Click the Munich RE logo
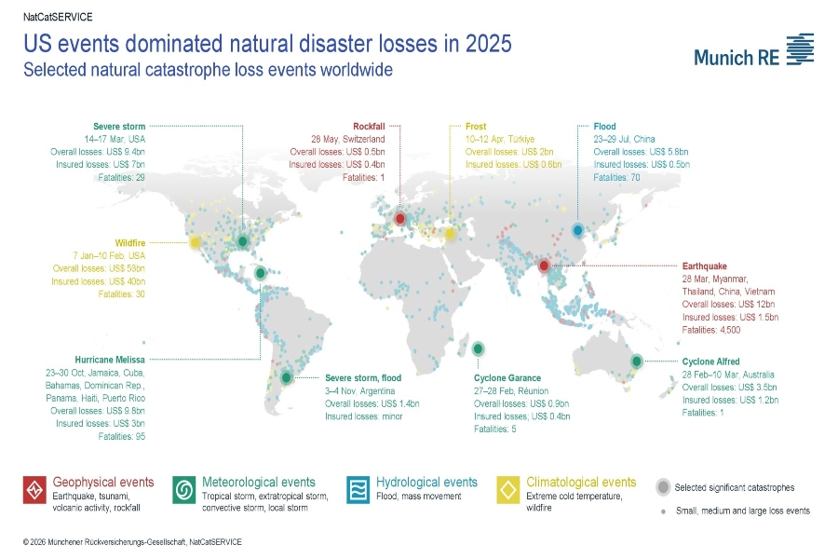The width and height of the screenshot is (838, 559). [753, 50]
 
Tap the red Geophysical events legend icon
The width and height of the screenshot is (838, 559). [34, 490]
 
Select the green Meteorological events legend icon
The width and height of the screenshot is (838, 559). [183, 490]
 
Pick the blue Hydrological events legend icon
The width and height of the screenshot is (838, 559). [358, 490]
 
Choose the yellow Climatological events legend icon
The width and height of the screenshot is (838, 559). [507, 490]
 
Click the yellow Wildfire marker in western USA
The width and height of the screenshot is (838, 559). [196, 242]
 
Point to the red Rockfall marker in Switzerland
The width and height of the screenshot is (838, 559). [399, 218]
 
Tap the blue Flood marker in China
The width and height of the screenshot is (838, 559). [577, 230]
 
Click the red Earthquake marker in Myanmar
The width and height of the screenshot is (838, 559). [544, 266]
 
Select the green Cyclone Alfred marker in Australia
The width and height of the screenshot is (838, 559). [637, 361]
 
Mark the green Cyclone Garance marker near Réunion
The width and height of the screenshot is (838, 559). [479, 348]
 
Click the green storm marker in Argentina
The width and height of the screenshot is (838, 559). [287, 377]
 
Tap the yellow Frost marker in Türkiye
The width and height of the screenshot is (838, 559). [450, 233]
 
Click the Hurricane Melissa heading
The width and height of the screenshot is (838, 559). [110, 360]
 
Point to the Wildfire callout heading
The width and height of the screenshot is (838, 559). [129, 243]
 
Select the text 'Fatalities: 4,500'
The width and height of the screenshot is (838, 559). [711, 330]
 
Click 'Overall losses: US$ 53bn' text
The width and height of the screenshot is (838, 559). [99, 268]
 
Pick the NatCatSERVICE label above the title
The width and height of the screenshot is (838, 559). [58, 17]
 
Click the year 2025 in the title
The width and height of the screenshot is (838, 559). [489, 44]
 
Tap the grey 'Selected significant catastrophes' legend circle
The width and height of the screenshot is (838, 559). [663, 487]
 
